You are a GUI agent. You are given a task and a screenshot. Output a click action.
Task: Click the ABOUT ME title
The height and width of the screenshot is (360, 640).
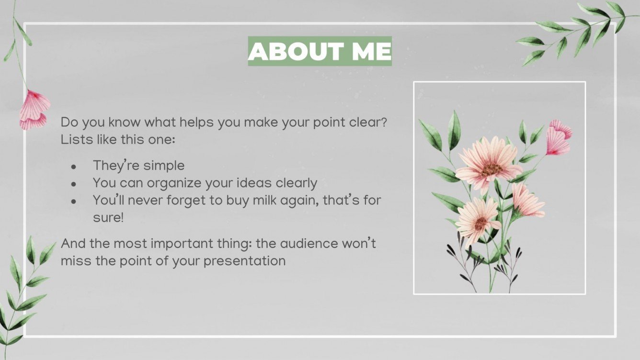pyautogui.click(x=320, y=51)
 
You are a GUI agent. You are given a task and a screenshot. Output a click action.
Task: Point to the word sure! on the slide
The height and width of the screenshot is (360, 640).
pyautogui.click(x=108, y=217)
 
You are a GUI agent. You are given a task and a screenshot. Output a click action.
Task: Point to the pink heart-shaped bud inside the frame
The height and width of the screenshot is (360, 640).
pyautogui.click(x=559, y=137)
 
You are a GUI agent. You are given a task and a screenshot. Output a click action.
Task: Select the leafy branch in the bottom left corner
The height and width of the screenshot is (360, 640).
pyautogui.click(x=24, y=292)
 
